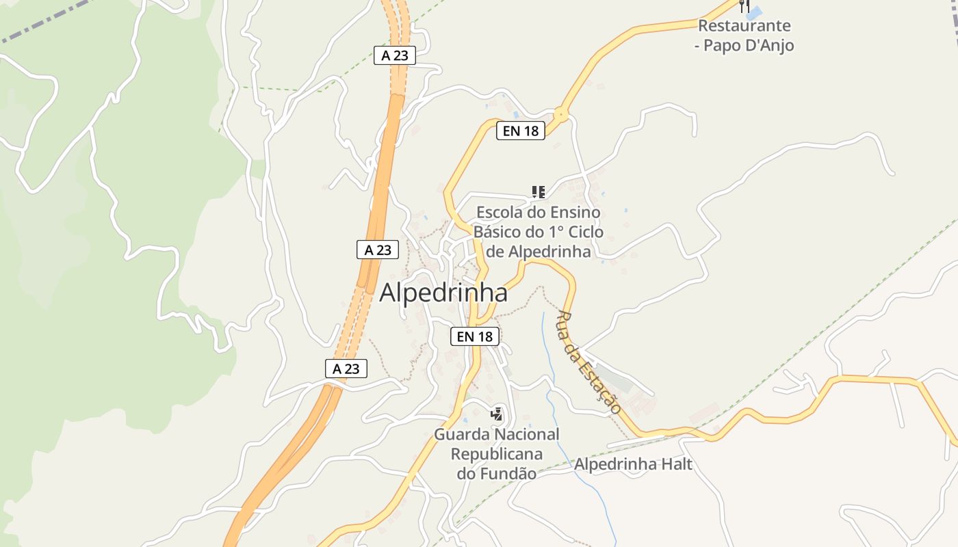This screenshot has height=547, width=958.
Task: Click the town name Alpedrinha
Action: coord(443,293)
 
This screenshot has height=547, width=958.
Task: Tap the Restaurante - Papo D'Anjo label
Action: coord(745,36)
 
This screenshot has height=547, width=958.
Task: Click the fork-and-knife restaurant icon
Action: coord(745,6)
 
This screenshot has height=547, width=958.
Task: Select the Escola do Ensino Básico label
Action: coord(539,232)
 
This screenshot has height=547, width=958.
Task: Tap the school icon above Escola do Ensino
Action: coord(539,192)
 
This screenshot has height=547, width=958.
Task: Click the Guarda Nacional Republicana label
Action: coord(496,453)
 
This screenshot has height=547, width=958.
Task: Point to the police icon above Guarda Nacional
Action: coord(497,414)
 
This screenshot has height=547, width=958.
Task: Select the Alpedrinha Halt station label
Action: coord(633,465)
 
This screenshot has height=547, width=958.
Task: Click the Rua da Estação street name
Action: coord(589,362)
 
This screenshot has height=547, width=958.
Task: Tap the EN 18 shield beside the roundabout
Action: coord(521,131)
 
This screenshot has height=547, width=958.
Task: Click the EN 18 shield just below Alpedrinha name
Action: coord(475,336)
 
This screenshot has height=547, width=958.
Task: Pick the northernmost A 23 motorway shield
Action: coord(395,55)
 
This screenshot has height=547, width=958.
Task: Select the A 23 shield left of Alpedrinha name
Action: coord(378,250)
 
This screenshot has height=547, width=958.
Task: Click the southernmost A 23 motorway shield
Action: coord(346,369)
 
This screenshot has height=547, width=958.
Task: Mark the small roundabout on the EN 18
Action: coord(561,115)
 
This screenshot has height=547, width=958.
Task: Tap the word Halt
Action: coord(676,465)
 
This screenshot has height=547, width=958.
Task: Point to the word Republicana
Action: coord(496,454)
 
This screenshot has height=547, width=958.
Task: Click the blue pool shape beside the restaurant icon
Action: coord(755,13)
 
